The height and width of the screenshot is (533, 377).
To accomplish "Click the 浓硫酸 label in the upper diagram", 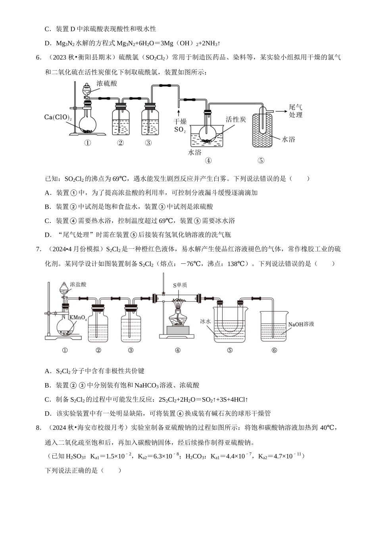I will [x=107, y=84].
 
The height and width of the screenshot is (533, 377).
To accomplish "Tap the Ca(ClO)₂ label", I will [x=58, y=117].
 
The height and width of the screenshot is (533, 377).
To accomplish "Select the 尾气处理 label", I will [x=296, y=111].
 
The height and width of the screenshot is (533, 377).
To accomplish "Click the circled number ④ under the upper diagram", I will [x=208, y=161].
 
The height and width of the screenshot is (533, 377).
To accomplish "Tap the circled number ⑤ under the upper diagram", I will [x=261, y=161].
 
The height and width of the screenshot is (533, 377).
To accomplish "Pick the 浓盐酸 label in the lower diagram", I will [x=78, y=284].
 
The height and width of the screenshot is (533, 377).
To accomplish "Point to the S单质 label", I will [x=179, y=285].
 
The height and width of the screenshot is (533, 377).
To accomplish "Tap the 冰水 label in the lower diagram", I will [x=205, y=321].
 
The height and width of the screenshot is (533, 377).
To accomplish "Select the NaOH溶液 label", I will [x=301, y=324].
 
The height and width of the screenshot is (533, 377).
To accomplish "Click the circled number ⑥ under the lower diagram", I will [x=274, y=350].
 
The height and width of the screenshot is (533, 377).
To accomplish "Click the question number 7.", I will [x=38, y=249].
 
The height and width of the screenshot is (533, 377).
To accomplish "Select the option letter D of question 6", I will [x=48, y=235].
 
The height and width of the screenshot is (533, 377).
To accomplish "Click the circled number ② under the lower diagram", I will [x=98, y=350].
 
